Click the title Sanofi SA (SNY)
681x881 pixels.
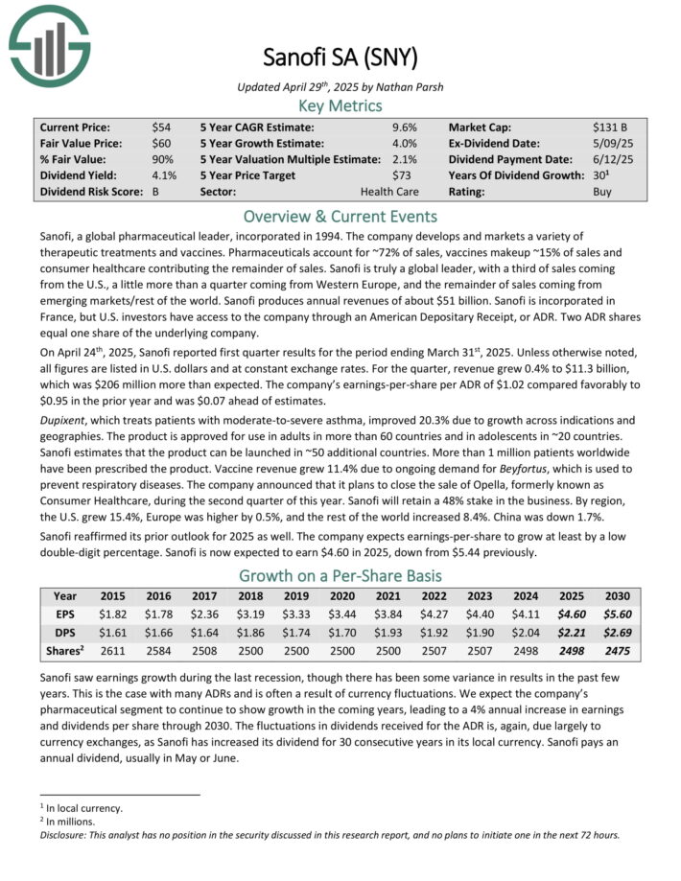(340, 58)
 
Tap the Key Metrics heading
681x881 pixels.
(340, 105)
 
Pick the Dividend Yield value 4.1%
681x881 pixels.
(164, 175)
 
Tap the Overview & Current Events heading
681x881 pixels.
(340, 217)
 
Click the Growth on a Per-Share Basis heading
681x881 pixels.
(340, 577)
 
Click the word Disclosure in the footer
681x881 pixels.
(68, 834)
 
